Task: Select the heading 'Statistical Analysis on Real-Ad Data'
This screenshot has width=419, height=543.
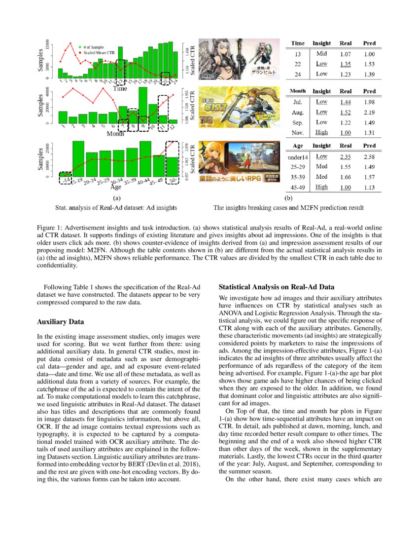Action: pyautogui.click(x=277, y=287)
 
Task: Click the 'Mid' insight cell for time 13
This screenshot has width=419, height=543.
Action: pyautogui.click(x=322, y=54)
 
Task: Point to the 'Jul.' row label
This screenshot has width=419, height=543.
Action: pyautogui.click(x=298, y=102)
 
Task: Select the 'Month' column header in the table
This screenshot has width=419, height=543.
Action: pyautogui.click(x=298, y=91)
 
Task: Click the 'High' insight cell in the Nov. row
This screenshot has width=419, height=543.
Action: pyautogui.click(x=322, y=133)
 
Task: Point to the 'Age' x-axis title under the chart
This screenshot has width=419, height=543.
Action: pyautogui.click(x=116, y=187)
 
